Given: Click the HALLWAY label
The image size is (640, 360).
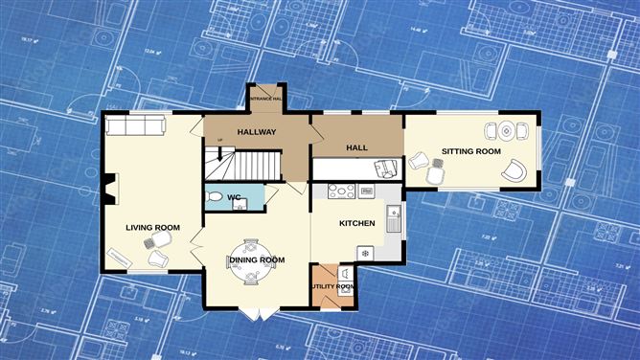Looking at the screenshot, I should coord(257,132).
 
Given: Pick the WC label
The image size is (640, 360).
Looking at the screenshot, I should coord(233,198).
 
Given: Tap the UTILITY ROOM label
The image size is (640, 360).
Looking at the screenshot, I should coord(331,286).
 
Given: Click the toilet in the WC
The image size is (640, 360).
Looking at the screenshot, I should coord(216,197).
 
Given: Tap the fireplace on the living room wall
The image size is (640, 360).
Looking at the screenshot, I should coord(110,189).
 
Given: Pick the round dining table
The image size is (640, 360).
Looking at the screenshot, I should coord(251,260).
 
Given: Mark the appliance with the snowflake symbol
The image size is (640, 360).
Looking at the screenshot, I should coord(365,252).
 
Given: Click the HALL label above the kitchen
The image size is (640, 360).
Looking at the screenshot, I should coord(356,147).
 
